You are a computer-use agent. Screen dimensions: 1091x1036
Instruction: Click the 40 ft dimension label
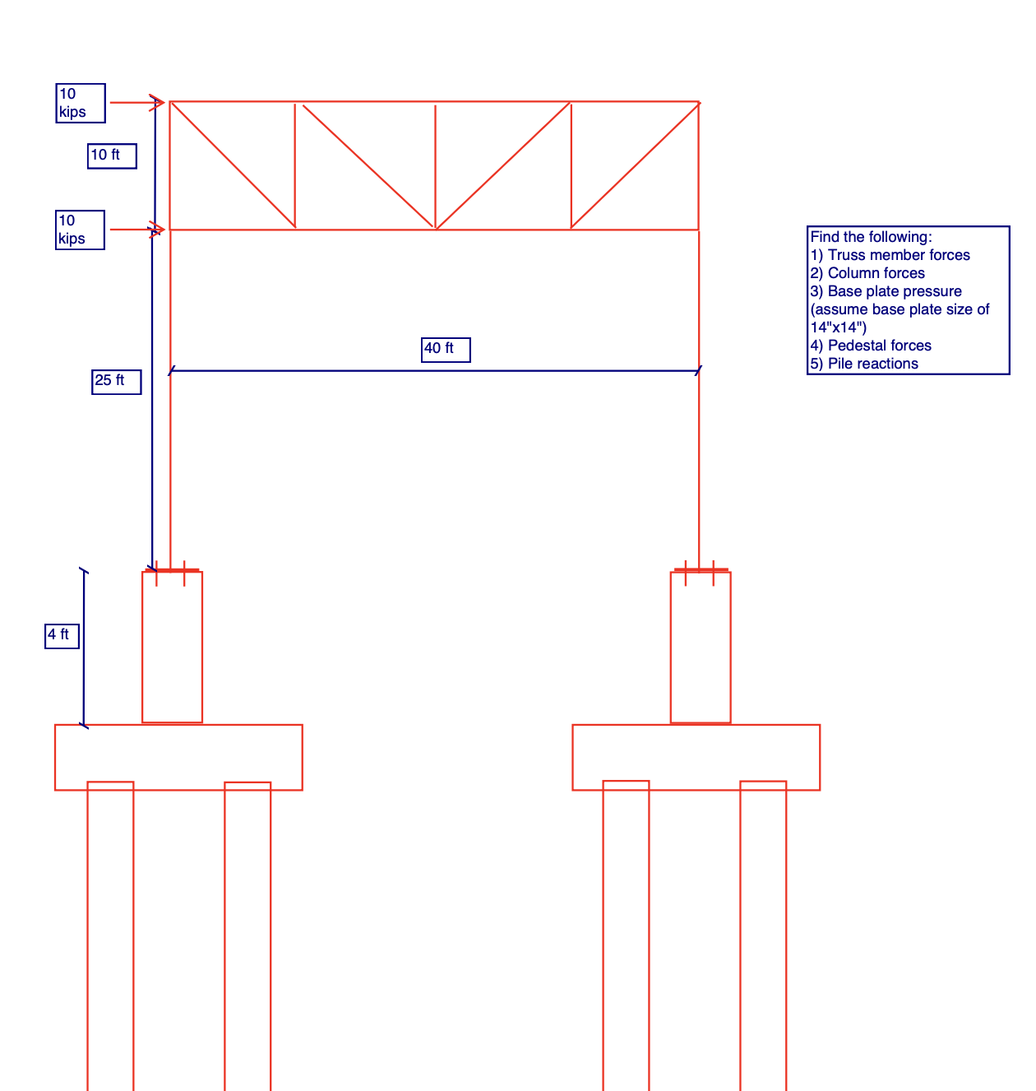(x=446, y=350)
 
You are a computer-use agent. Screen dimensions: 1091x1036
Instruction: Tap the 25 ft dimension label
(x=116, y=382)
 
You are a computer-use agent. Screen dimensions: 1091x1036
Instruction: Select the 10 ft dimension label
(x=112, y=156)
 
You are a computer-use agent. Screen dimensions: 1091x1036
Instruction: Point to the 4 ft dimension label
(x=62, y=636)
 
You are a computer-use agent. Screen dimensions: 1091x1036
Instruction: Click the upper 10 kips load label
(x=81, y=103)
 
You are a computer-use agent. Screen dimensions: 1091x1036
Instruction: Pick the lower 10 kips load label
(x=80, y=230)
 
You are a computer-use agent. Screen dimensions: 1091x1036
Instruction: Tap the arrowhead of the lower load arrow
(x=159, y=230)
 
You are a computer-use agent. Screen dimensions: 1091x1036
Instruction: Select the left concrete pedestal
(x=172, y=648)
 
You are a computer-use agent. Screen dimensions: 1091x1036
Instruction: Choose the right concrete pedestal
(x=701, y=648)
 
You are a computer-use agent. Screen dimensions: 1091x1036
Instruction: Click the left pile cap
(x=178, y=757)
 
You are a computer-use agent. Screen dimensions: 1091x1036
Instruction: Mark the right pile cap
(x=696, y=757)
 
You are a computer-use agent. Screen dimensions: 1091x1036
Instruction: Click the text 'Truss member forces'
(x=899, y=255)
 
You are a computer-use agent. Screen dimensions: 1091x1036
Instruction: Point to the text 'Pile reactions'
(x=872, y=364)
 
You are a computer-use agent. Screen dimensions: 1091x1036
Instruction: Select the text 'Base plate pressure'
(x=895, y=291)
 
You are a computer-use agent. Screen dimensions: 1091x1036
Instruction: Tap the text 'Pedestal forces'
(x=879, y=346)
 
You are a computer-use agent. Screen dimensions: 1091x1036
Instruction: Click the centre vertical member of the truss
(x=435, y=165)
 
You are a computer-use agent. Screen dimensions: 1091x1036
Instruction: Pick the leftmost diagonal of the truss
(x=233, y=165)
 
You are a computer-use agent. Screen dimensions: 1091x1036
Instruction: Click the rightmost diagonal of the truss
(x=635, y=165)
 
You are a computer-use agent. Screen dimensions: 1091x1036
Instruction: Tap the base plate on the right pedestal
(x=701, y=569)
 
